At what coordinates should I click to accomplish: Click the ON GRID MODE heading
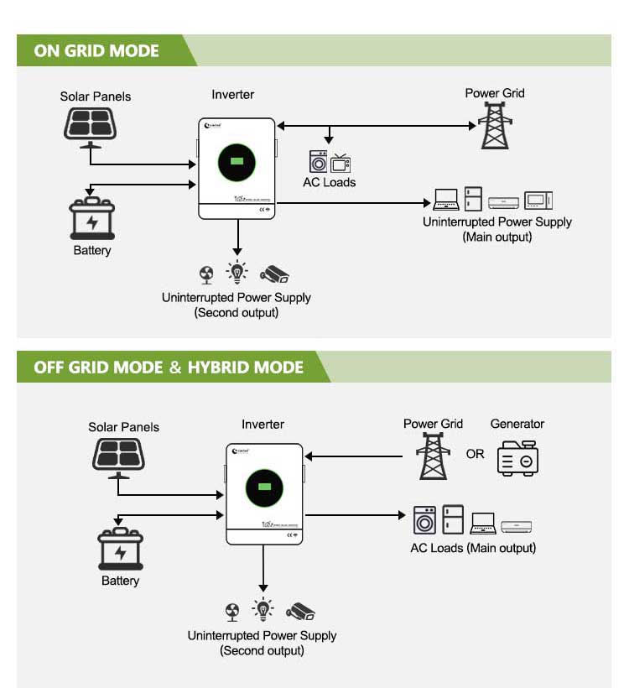tap(96, 50)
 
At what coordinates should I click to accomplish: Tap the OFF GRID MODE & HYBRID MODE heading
tap(169, 367)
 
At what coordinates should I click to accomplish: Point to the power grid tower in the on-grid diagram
tap(495, 126)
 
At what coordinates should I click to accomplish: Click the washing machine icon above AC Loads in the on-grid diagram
tap(318, 162)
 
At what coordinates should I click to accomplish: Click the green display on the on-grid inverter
tap(237, 161)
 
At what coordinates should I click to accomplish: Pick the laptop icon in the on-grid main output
tap(446, 200)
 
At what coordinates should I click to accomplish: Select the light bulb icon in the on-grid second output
tap(238, 273)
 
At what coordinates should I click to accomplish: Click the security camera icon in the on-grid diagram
tap(273, 274)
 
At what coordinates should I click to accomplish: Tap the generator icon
tap(517, 457)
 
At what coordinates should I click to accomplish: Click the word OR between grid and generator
tap(476, 454)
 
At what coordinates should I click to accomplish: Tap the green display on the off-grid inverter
tap(263, 487)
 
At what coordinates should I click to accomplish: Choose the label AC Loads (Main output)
tap(473, 548)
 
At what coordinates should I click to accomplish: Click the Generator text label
tap(517, 424)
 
